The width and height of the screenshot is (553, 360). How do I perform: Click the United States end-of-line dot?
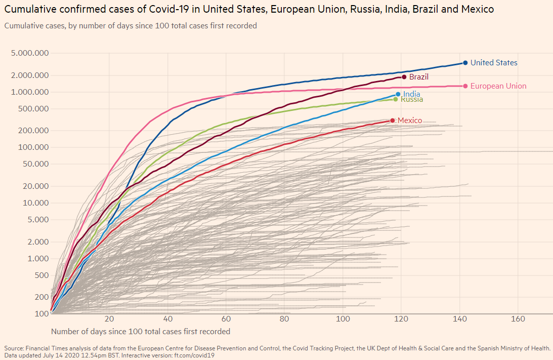coord(465,63)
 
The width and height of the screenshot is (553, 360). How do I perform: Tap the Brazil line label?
coord(419,77)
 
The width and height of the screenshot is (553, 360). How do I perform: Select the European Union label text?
coord(498,86)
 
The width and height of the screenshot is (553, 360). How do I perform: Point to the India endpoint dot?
coord(398,94)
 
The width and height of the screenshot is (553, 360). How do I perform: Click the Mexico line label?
coord(409,121)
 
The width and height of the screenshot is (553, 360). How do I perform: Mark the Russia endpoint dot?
coord(396,99)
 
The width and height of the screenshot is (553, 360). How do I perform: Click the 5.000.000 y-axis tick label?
coord(32,53)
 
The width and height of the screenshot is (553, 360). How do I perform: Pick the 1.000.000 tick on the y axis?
coord(32,92)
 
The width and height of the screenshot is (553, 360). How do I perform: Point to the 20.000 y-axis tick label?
coord(35,186)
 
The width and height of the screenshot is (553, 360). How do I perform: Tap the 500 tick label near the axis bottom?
coord(41,275)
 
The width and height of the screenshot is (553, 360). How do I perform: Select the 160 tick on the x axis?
coord(518,319)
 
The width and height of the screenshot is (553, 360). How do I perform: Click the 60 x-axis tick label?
coord(226,319)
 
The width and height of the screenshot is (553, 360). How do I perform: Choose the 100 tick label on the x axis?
coord(343,319)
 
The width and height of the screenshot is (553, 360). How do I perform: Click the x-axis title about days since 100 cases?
coord(141,332)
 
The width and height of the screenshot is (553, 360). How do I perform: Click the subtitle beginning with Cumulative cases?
coord(131,25)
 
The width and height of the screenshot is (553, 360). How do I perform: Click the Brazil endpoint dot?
coord(404,77)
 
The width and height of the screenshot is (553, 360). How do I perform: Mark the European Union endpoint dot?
coord(465,86)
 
